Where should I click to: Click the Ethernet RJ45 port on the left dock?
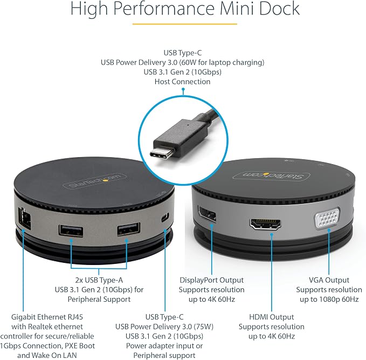[24, 219]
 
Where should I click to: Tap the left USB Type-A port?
[71, 230]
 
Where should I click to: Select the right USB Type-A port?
[129, 229]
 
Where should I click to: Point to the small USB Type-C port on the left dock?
[165, 218]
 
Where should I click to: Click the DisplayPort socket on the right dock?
[207, 214]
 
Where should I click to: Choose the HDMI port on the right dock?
[265, 225]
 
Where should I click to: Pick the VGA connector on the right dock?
[327, 218]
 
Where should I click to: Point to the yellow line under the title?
[185, 24]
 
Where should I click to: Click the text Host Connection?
[182, 81]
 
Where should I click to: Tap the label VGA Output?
[329, 280]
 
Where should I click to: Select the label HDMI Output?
[272, 317]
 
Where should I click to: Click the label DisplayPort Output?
[211, 280]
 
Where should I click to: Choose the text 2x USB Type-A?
[99, 280]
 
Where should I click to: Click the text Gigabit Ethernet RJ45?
[47, 317]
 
